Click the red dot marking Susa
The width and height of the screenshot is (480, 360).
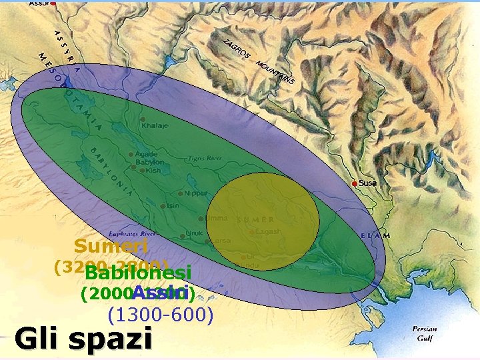pyautogui.click(x=355, y=183)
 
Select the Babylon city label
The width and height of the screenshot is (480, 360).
pyautogui.click(x=150, y=162)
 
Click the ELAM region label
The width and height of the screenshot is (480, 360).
pyautogui.click(x=375, y=235)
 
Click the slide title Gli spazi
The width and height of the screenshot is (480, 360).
pyautogui.click(x=83, y=339)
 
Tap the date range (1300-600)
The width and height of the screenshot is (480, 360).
pyautogui.click(x=160, y=314)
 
